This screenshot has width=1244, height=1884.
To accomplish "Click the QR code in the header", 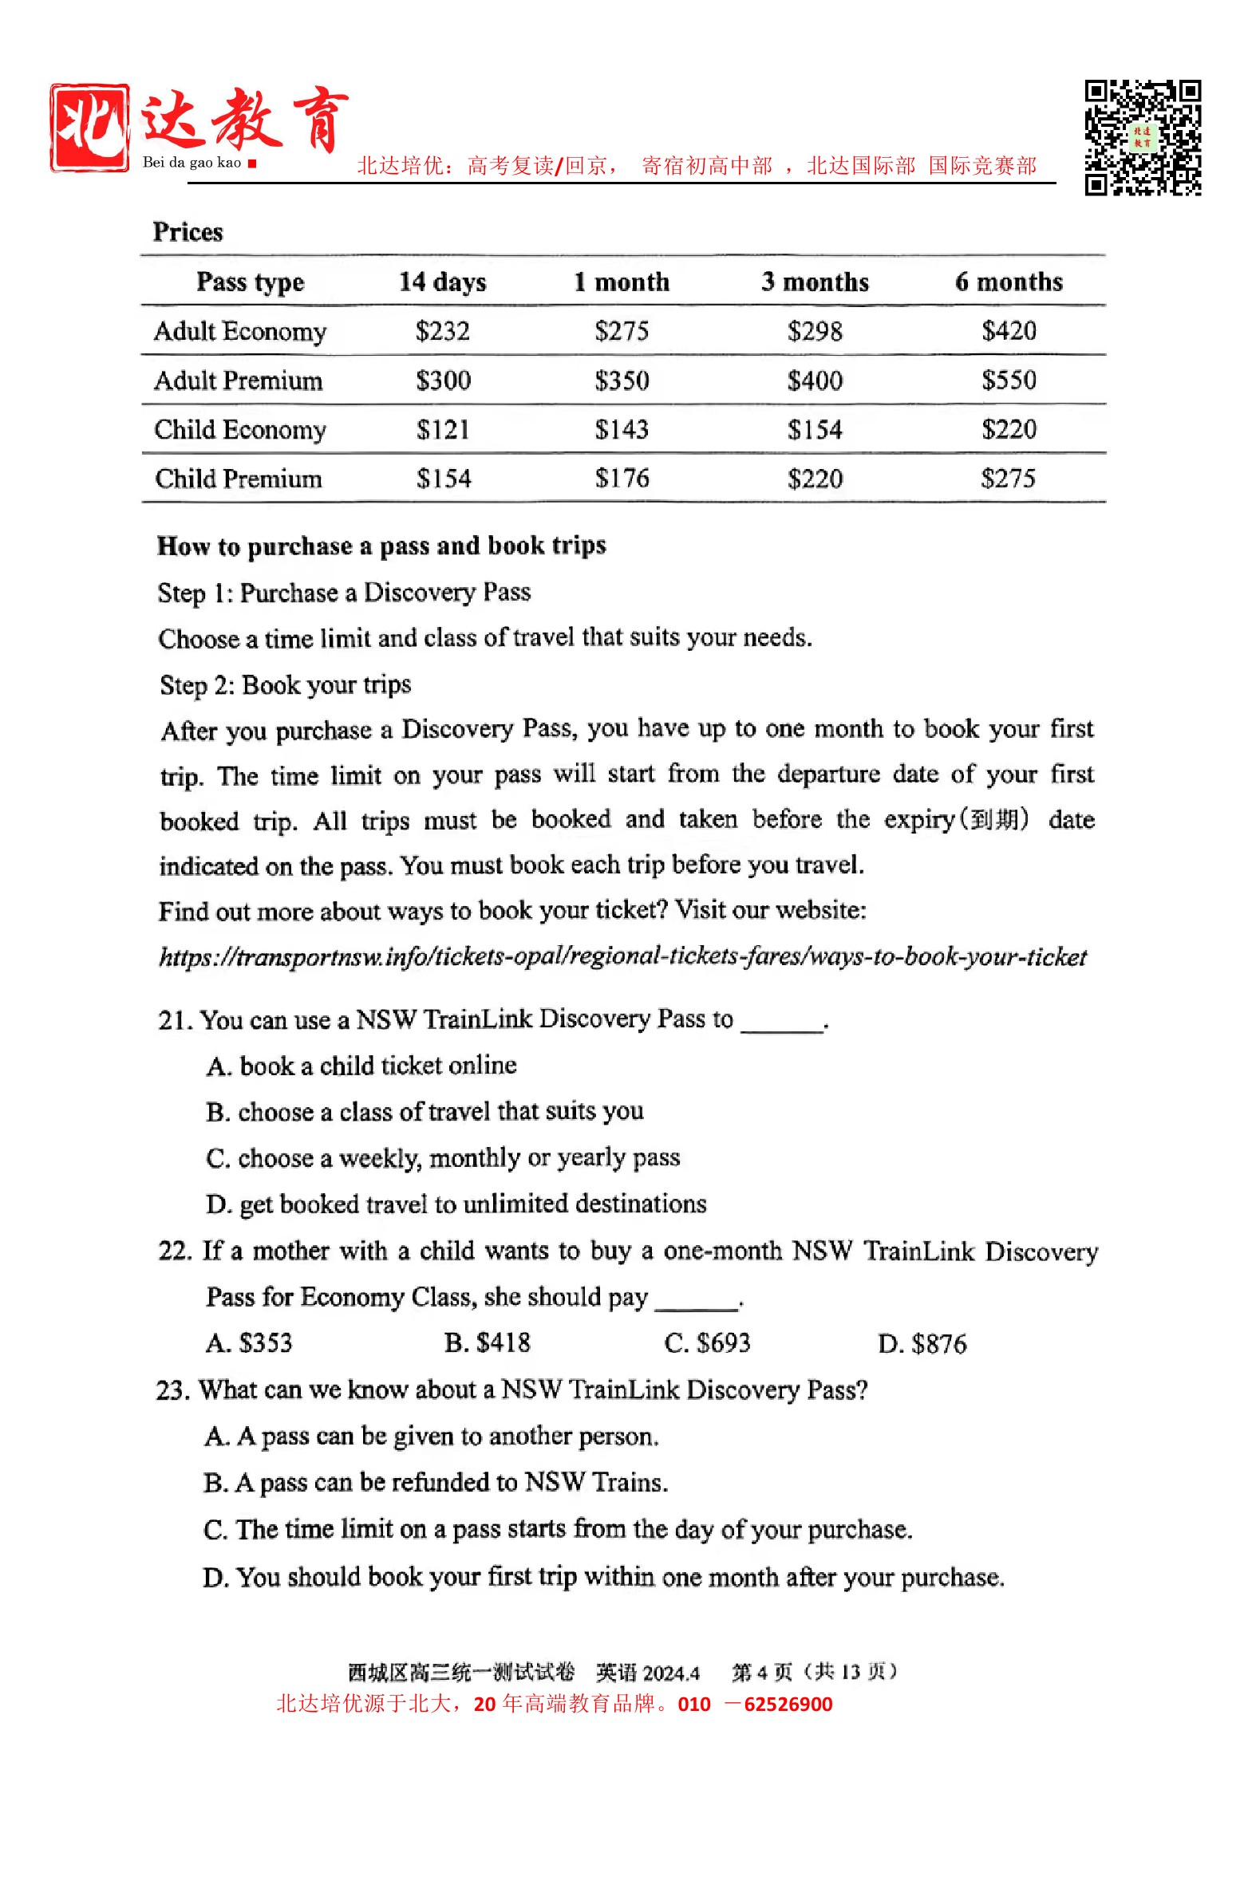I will (1142, 137).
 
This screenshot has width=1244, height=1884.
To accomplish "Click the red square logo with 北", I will (89, 128).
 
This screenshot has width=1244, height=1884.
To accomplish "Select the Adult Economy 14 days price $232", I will (442, 331).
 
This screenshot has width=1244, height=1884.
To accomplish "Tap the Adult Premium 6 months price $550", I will (1009, 380).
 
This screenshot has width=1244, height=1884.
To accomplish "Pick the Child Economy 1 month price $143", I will (622, 430).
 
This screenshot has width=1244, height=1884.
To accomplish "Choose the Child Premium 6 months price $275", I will (1008, 479).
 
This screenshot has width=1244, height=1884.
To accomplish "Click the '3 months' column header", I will (815, 282).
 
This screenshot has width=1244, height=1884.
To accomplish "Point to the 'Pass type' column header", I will (250, 282).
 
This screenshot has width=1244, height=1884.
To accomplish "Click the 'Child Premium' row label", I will (238, 479).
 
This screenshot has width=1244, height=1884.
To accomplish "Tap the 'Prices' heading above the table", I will (188, 232).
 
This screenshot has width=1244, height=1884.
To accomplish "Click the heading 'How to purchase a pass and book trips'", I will (381, 546).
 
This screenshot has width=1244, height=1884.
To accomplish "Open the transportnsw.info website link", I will (622, 956).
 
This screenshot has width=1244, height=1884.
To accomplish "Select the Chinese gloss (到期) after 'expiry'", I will (993, 819).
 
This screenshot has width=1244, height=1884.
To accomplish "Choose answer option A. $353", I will (249, 1343).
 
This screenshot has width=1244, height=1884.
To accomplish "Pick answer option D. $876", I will (922, 1344).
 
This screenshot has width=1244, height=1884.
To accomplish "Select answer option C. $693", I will (707, 1343).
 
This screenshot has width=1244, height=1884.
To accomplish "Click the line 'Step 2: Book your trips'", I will (285, 685).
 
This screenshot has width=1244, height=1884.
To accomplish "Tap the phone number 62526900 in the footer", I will (788, 1705).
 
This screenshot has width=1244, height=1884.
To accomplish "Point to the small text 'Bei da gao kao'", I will (192, 163).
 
